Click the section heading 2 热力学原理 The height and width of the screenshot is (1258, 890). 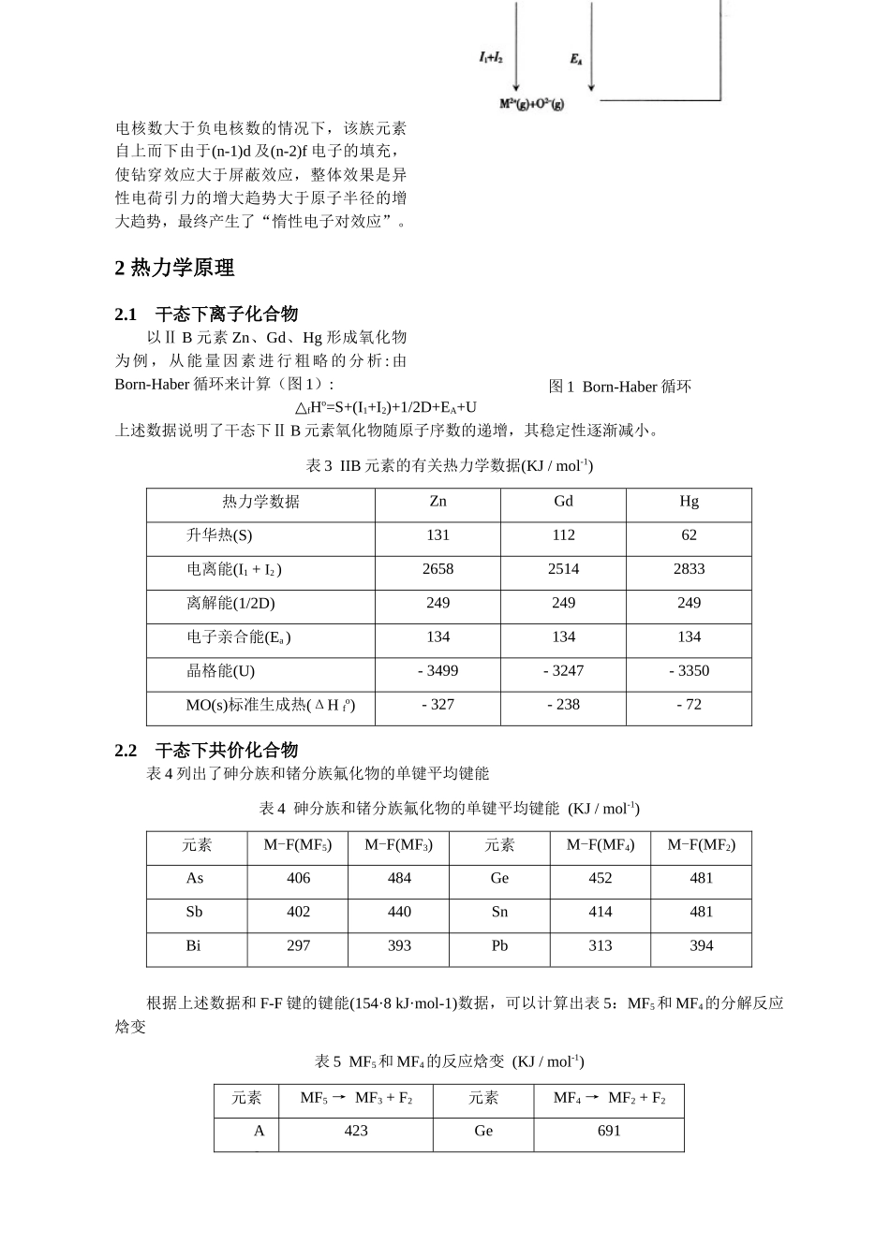(174, 268)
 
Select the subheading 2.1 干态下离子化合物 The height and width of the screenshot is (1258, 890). (206, 314)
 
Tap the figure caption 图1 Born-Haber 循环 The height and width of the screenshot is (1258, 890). (619, 387)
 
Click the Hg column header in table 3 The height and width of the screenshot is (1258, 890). (689, 502)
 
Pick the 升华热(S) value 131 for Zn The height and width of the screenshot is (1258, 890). (438, 535)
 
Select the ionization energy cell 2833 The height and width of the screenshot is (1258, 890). (689, 569)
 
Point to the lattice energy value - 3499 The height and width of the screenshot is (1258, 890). (438, 671)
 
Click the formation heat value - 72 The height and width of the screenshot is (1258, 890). (689, 705)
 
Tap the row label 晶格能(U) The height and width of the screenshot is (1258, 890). (220, 671)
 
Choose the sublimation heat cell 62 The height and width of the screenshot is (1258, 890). (689, 535)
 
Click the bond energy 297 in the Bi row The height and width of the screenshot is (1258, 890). (298, 945)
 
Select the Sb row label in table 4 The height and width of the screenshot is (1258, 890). (194, 912)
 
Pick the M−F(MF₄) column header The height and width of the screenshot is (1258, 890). (600, 845)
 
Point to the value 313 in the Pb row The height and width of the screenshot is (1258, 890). (600, 945)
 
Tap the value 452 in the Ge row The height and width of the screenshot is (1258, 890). (600, 878)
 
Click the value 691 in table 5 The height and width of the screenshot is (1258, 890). (609, 1131)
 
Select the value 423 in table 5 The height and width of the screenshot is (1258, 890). (356, 1131)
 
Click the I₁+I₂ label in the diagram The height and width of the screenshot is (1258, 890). (491, 58)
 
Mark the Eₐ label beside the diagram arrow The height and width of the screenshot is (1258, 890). (576, 59)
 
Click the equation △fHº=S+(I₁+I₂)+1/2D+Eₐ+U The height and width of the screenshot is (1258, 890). (385, 407)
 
